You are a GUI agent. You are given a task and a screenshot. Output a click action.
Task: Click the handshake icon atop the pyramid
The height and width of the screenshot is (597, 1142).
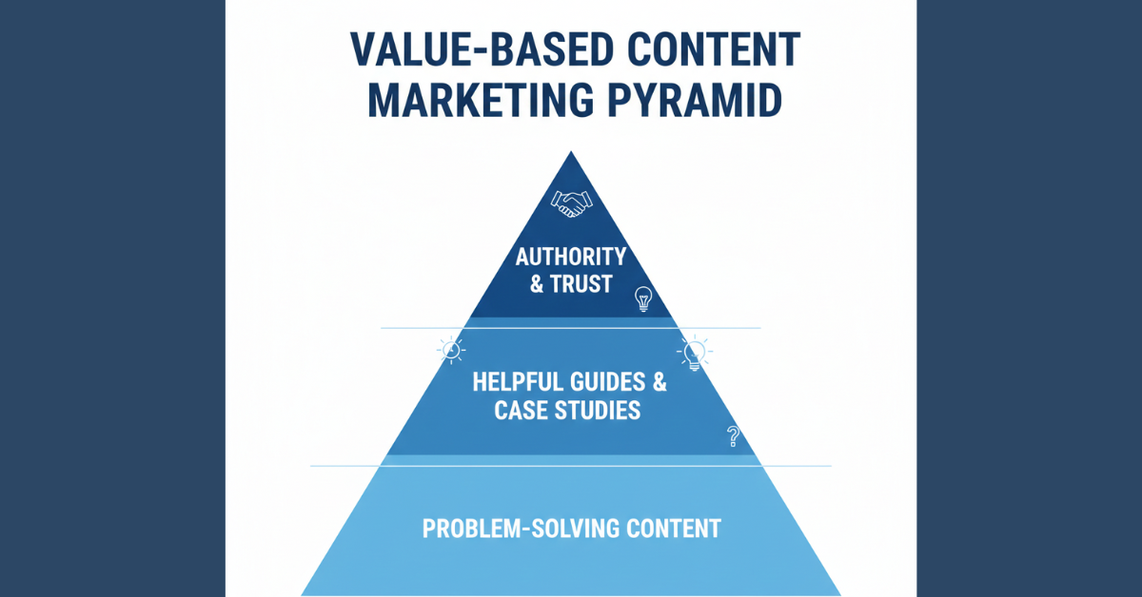(571, 202)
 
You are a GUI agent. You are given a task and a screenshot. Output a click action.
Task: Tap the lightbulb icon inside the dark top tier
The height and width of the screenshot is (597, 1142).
(644, 299)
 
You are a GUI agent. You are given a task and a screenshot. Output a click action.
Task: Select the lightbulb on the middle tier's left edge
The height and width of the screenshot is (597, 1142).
(451, 349)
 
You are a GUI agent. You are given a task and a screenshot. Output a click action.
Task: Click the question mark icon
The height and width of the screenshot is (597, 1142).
(733, 436)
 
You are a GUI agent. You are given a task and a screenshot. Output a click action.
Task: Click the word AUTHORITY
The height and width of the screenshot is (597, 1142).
(571, 257)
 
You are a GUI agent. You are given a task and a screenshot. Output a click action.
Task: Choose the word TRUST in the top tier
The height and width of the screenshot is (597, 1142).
(581, 283)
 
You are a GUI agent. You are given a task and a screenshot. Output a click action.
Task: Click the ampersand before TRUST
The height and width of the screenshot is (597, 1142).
(537, 283)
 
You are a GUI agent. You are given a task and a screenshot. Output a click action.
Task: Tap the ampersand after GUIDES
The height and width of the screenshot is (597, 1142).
(659, 383)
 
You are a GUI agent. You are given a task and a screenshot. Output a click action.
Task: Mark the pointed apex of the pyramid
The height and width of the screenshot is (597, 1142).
(571, 152)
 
